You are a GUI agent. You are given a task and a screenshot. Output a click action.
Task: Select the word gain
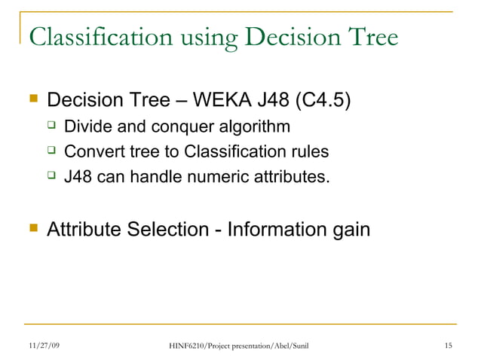(x=351, y=228)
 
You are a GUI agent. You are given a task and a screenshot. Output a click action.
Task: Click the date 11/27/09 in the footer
(x=44, y=346)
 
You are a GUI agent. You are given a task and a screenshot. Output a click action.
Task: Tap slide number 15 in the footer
(x=449, y=346)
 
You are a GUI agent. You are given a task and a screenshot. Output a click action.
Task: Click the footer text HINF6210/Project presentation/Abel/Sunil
(x=240, y=346)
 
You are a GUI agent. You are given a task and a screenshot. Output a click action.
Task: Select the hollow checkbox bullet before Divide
(x=52, y=125)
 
